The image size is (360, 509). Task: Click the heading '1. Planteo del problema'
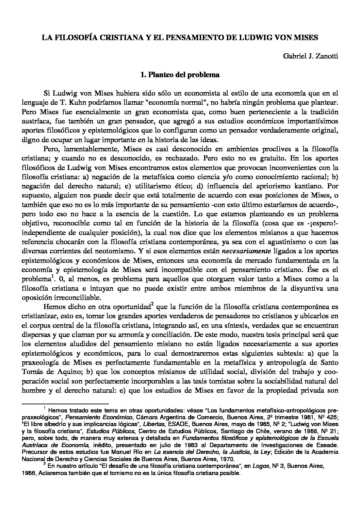pyautogui.click(x=180, y=75)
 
